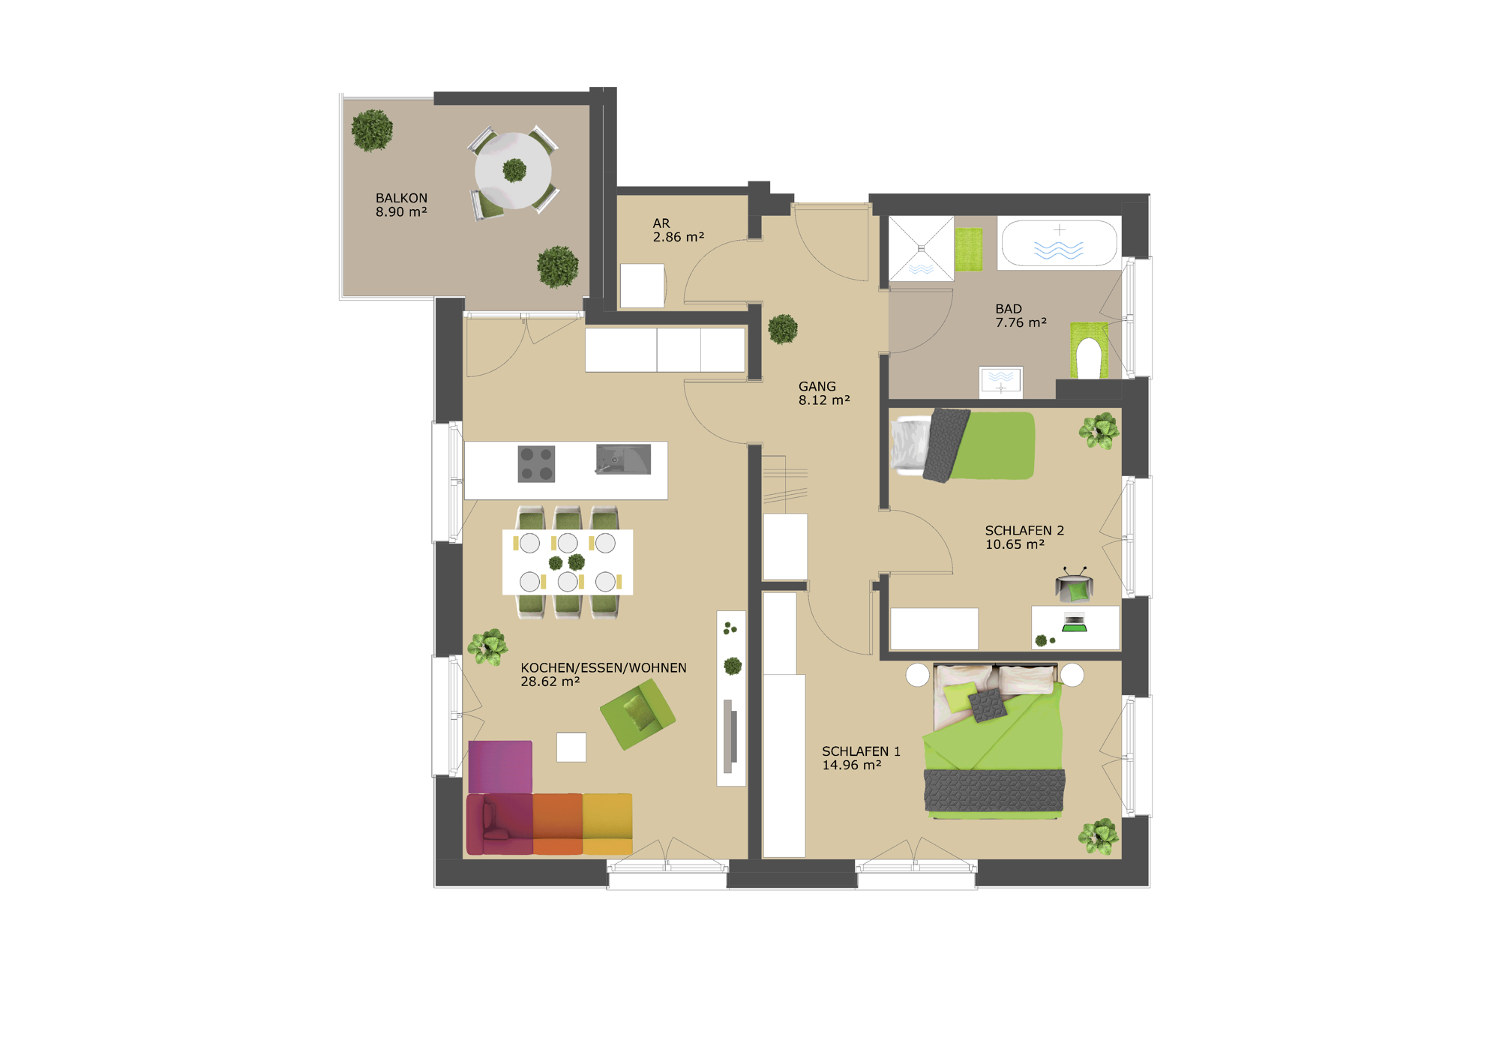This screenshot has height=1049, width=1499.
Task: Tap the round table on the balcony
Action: click(x=514, y=171)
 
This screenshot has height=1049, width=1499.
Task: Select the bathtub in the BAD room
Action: click(x=1059, y=243)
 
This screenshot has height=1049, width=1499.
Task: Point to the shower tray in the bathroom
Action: click(x=921, y=248)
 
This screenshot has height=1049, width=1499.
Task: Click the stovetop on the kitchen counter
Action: click(x=536, y=463)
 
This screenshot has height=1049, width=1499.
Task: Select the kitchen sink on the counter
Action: click(x=623, y=459)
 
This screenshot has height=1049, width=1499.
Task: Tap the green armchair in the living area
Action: click(x=637, y=713)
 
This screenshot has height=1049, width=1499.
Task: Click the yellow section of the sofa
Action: click(x=607, y=824)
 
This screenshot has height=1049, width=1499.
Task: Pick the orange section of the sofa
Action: click(x=558, y=824)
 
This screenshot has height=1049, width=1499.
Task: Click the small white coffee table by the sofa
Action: click(x=571, y=747)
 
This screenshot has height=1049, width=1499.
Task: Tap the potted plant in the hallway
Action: click(x=782, y=328)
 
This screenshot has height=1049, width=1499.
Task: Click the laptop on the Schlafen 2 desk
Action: click(x=1075, y=622)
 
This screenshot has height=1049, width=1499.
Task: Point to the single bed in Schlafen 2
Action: click(x=964, y=445)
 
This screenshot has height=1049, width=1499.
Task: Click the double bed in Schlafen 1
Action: click(x=994, y=740)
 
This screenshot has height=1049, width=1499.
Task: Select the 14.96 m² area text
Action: click(x=851, y=765)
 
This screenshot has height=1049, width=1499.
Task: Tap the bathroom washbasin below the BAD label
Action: click(x=1000, y=380)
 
